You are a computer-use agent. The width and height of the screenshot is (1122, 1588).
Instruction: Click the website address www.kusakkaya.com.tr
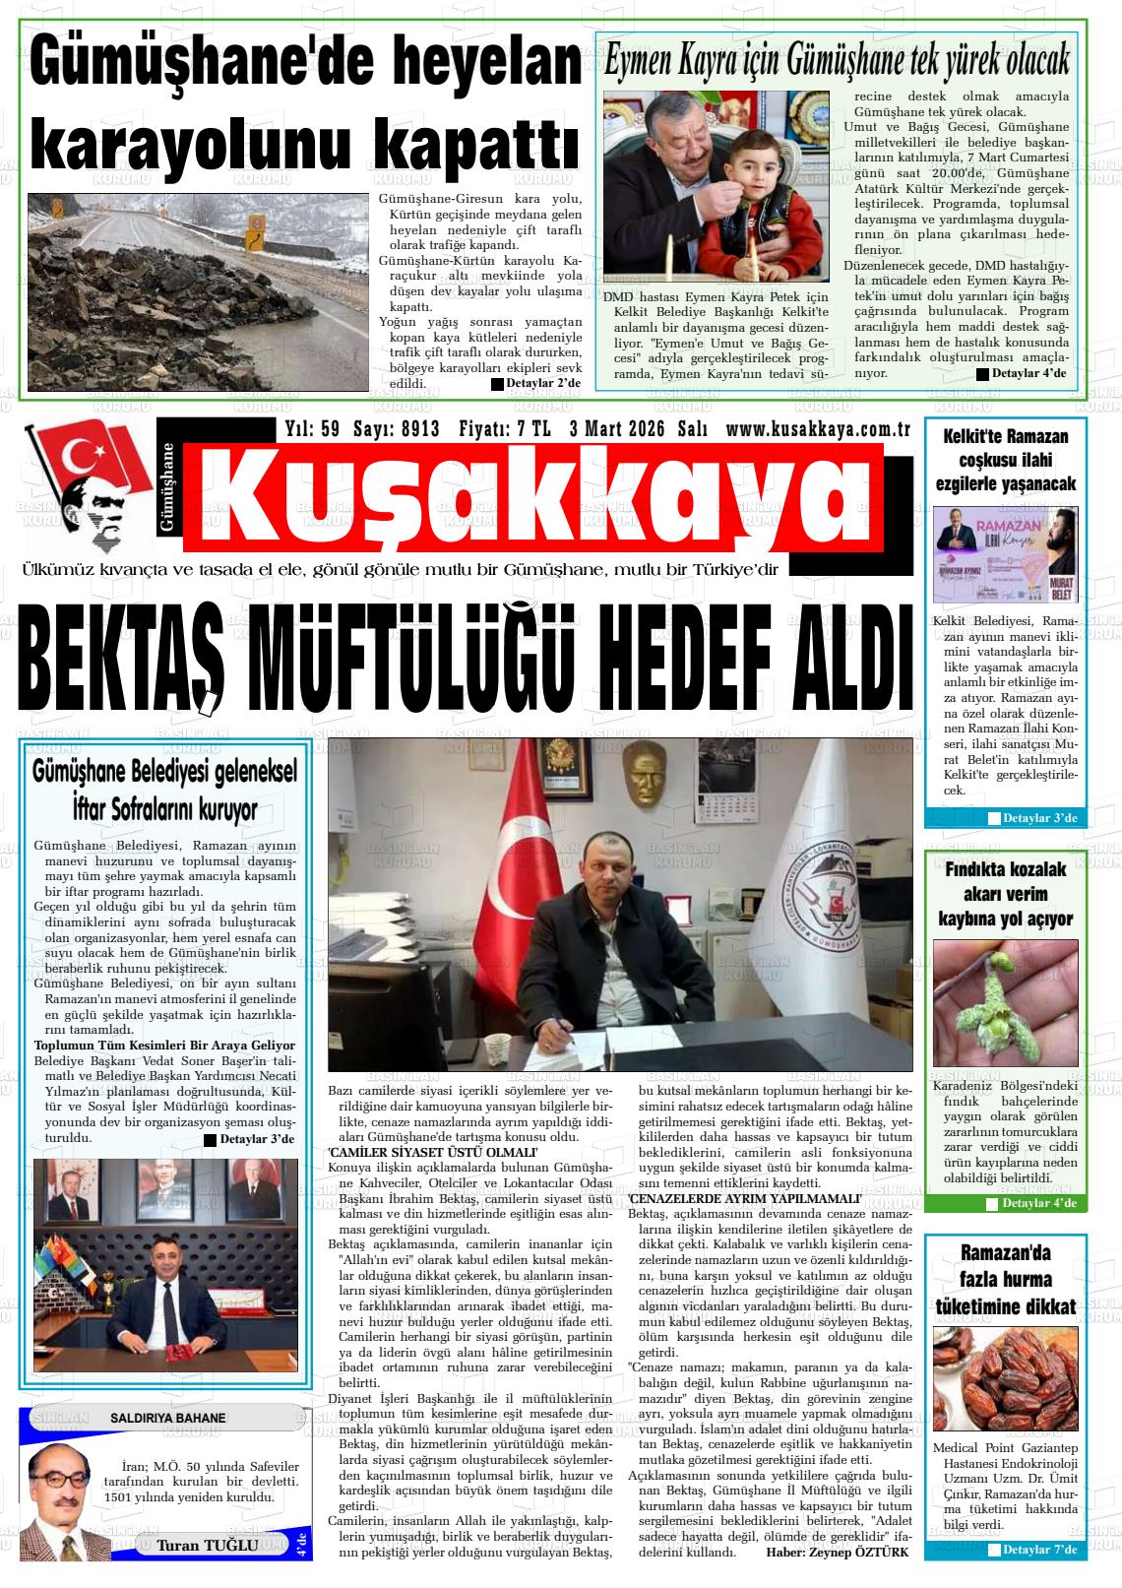pos(816,429)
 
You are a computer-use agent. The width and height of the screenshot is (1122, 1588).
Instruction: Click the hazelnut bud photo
pos(1004,1003)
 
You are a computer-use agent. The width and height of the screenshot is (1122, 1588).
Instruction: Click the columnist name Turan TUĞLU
pos(207,1545)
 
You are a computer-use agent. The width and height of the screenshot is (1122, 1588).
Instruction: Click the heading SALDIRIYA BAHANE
pos(167,1418)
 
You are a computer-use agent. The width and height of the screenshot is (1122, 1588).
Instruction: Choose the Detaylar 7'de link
pos(1039,1551)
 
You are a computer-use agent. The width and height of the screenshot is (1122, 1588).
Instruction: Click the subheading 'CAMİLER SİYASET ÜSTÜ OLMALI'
pos(433,1152)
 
